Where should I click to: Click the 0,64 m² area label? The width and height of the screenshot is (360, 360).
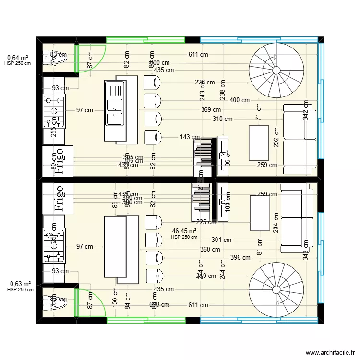click(18, 58)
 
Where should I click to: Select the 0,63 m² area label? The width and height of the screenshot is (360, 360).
click(20, 284)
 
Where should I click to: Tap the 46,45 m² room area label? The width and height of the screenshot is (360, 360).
click(184, 231)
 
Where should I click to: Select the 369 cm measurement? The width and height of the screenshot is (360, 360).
click(211, 110)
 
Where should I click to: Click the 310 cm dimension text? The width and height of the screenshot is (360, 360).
click(222, 119)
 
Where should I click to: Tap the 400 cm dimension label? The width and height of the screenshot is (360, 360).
click(239, 100)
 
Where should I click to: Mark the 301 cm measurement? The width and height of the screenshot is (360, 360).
click(221, 240)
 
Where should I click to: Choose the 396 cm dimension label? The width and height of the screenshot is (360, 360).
click(240, 257)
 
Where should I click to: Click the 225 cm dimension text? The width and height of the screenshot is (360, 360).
click(205, 222)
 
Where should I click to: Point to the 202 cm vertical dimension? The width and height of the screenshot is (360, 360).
click(276, 137)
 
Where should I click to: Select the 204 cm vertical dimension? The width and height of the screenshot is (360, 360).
click(276, 223)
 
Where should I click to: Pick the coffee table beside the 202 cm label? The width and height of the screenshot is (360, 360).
click(259, 143)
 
